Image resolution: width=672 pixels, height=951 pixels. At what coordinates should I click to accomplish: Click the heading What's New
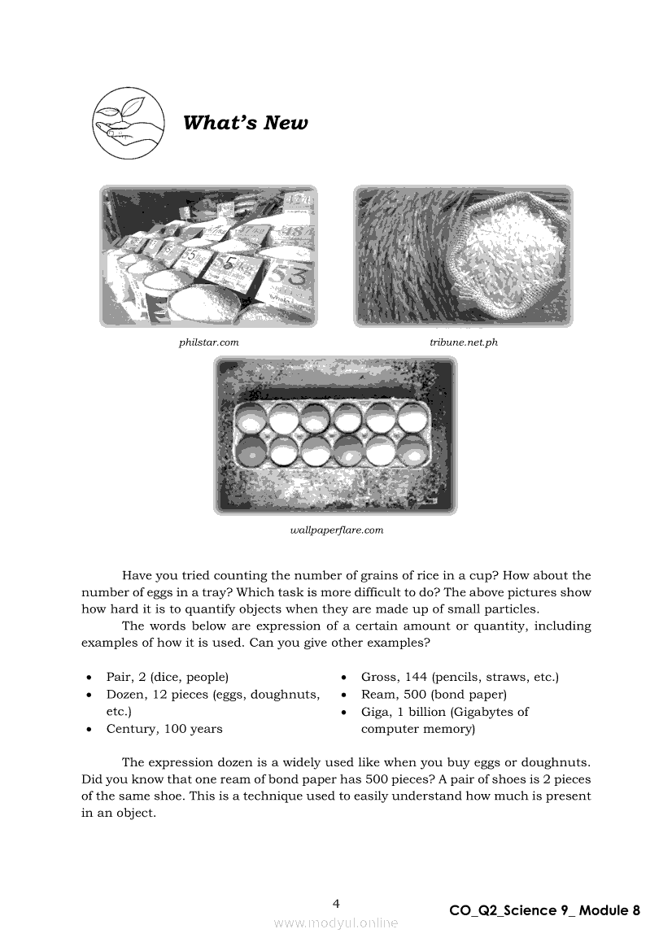[245, 123]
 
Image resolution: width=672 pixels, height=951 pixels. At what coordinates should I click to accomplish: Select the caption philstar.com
[209, 342]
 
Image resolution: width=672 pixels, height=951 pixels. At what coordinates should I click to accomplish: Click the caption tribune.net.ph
[464, 342]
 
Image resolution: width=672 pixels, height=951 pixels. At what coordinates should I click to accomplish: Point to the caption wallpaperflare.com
[336, 530]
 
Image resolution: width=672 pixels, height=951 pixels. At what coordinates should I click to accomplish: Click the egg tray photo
[335, 435]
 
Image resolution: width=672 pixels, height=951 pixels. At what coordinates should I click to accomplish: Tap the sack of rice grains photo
[463, 256]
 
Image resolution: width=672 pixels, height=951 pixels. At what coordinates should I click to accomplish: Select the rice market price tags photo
[209, 256]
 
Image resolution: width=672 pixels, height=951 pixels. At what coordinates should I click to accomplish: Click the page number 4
[336, 903]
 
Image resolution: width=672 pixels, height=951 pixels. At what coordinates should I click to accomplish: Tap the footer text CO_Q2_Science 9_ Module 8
[544, 910]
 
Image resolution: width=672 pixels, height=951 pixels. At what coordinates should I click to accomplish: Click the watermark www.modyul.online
[336, 923]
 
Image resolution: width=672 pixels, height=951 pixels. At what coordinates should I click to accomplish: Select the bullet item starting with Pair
[167, 677]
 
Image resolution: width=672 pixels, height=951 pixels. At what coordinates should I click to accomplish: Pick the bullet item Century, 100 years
[164, 729]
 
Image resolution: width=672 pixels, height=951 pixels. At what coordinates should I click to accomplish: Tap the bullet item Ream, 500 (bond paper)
[434, 695]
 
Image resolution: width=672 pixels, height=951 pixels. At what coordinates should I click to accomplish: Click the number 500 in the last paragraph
[417, 779]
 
